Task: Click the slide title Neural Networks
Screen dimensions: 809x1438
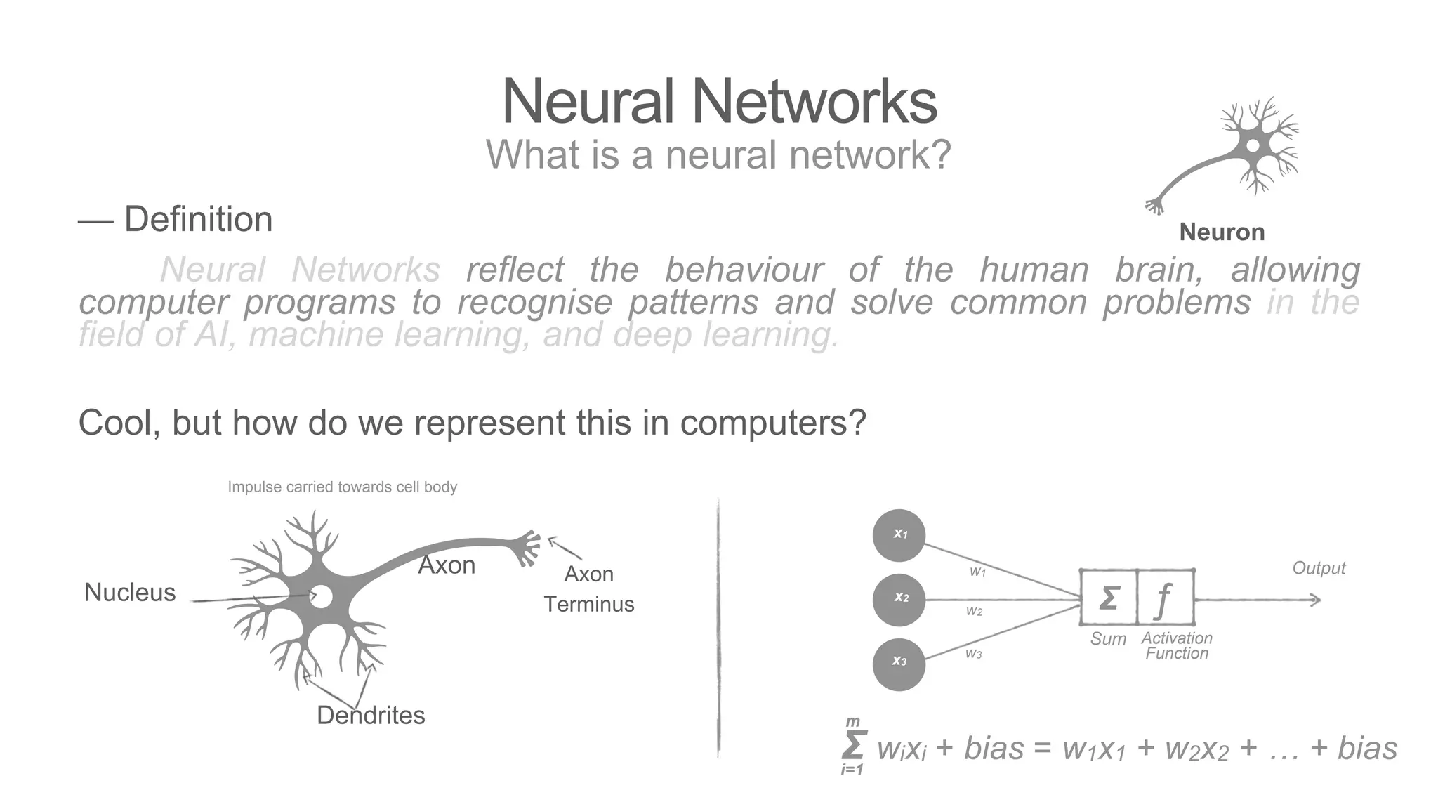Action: pos(719,103)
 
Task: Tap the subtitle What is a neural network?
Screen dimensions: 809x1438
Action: pos(718,154)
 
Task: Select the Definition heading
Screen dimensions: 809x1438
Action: pos(198,219)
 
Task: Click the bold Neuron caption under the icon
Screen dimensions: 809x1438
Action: pos(1222,232)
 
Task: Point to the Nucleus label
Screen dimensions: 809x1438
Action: pos(130,593)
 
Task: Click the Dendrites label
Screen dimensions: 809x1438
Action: pos(371,716)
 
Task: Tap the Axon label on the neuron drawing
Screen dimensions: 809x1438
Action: pos(447,565)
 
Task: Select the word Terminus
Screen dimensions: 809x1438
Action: pos(588,604)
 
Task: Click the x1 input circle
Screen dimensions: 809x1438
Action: pos(899,535)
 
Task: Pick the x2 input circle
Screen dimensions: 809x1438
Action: pos(899,598)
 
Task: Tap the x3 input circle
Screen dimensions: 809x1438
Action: pos(899,663)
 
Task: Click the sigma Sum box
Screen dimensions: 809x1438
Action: pos(1108,598)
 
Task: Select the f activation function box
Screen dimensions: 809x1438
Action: pos(1164,598)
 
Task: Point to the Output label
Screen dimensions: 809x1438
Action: pos(1319,568)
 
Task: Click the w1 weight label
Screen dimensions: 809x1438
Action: pos(977,572)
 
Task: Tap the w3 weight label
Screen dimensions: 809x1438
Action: pos(973,654)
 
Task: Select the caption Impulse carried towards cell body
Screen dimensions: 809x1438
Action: pos(342,487)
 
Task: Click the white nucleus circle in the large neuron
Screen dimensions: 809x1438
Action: pos(322,597)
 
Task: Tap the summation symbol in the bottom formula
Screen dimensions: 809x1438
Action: pos(853,746)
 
